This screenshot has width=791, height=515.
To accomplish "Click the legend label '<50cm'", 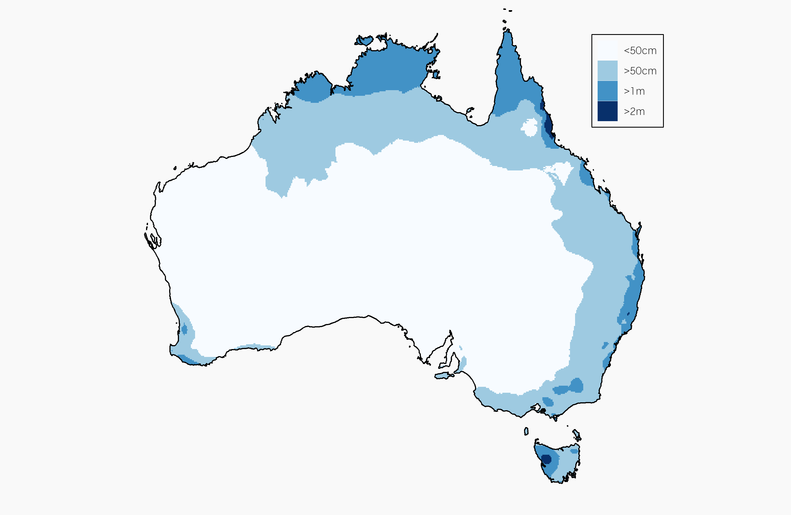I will [640, 50].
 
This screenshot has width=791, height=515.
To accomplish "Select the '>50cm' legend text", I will [640, 71].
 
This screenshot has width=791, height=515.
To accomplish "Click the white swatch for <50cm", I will [607, 50].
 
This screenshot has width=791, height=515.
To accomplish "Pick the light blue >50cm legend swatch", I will [607, 71].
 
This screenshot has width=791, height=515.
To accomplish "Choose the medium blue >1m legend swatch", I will [607, 91].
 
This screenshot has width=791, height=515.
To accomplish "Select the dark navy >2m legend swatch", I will [607, 111].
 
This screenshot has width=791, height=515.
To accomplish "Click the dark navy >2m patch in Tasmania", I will [546, 459].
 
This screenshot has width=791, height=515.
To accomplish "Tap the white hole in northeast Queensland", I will [529, 127].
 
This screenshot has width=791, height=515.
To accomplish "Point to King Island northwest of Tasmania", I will [526, 431].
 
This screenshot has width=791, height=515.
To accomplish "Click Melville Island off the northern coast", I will [365, 41].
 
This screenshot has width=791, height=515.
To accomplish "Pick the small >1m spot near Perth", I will [184, 329].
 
